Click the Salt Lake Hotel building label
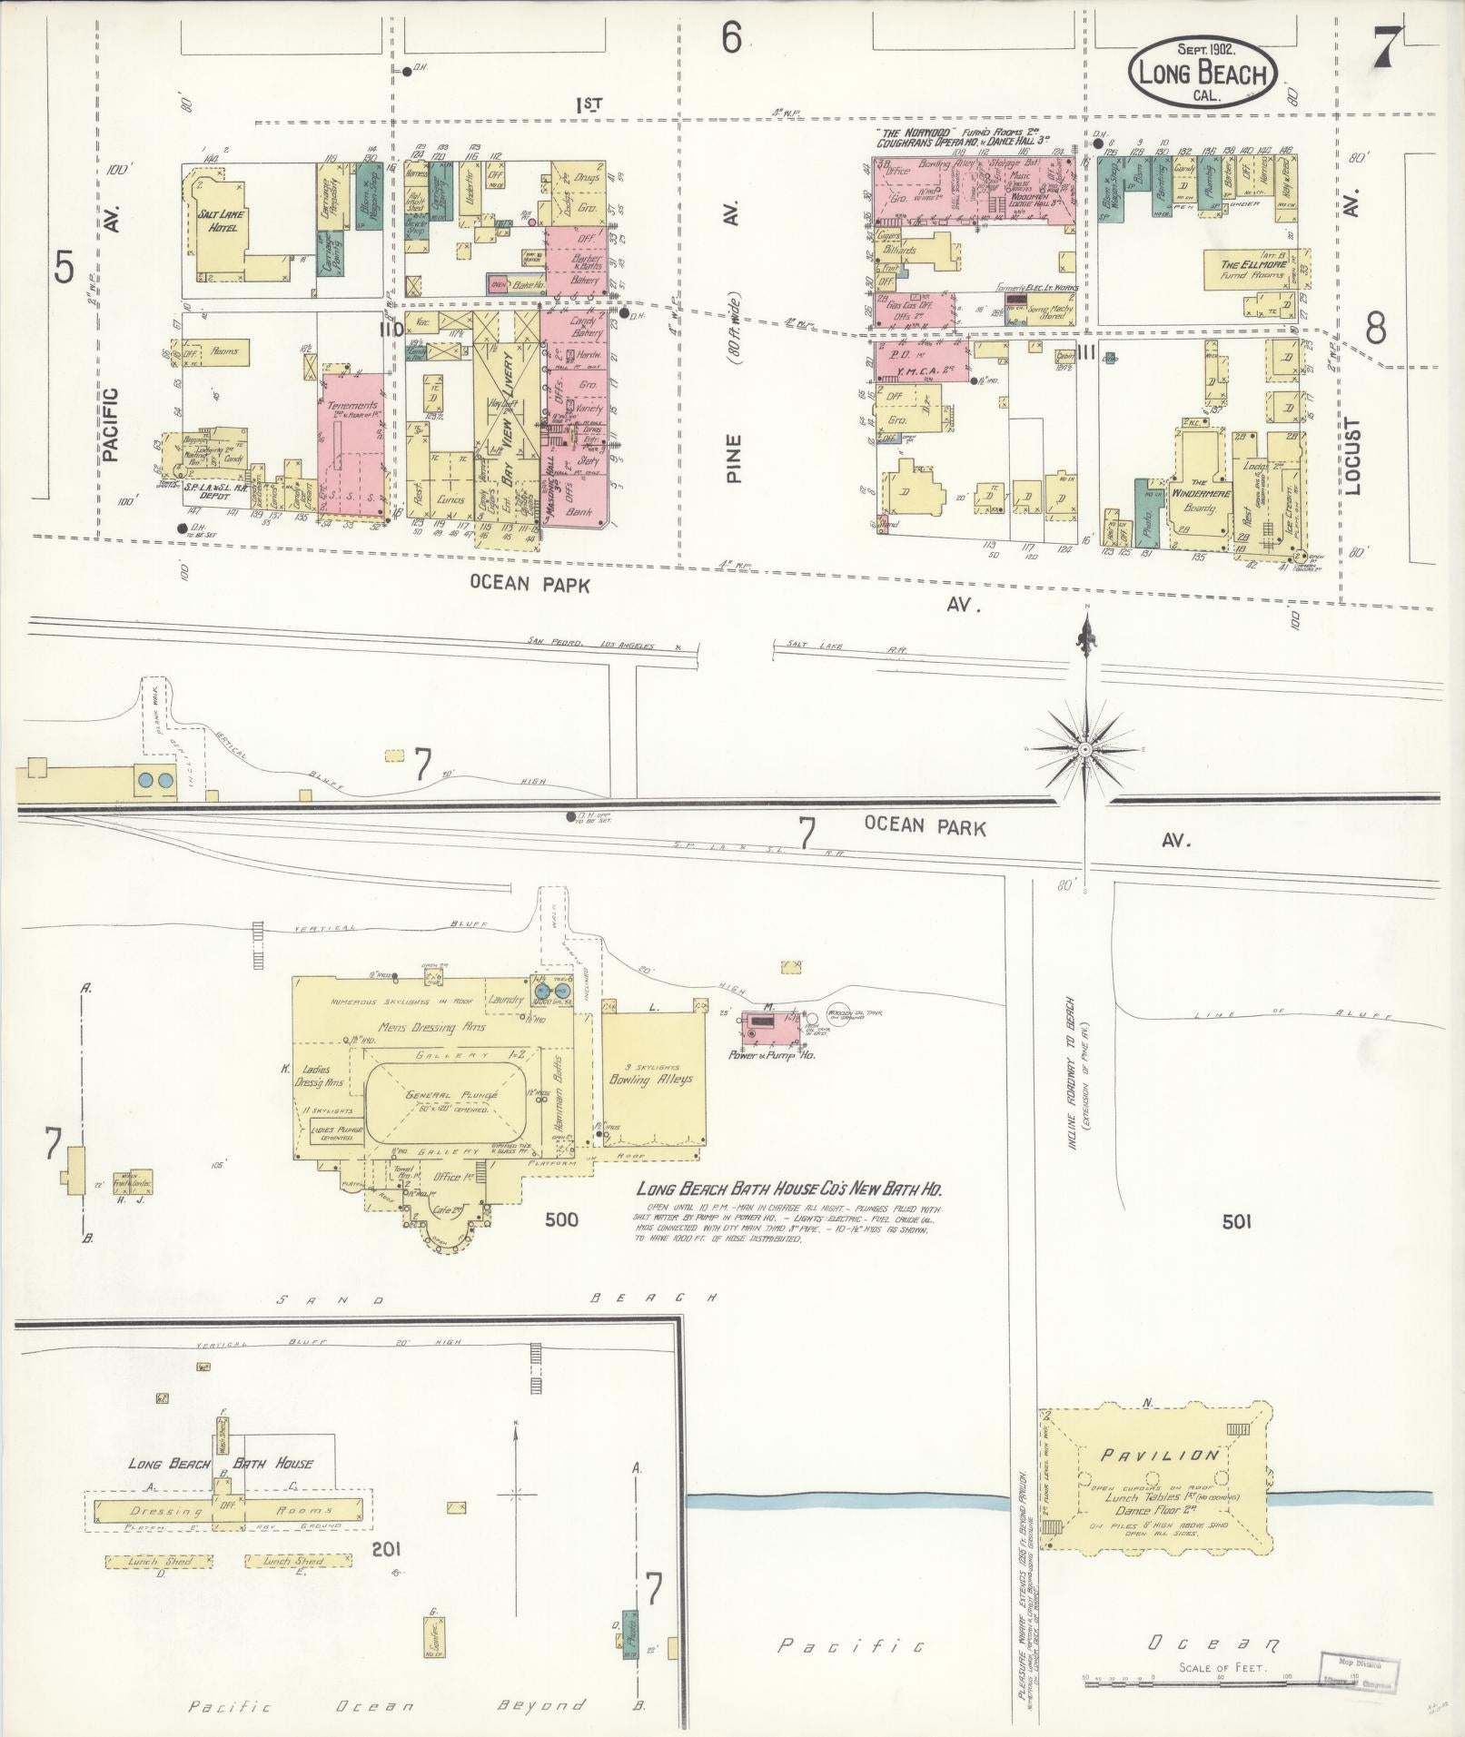(218, 221)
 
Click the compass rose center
(1085, 749)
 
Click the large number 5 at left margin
(64, 267)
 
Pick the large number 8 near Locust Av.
(1375, 328)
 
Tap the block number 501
(1235, 1222)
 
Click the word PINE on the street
(734, 458)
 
